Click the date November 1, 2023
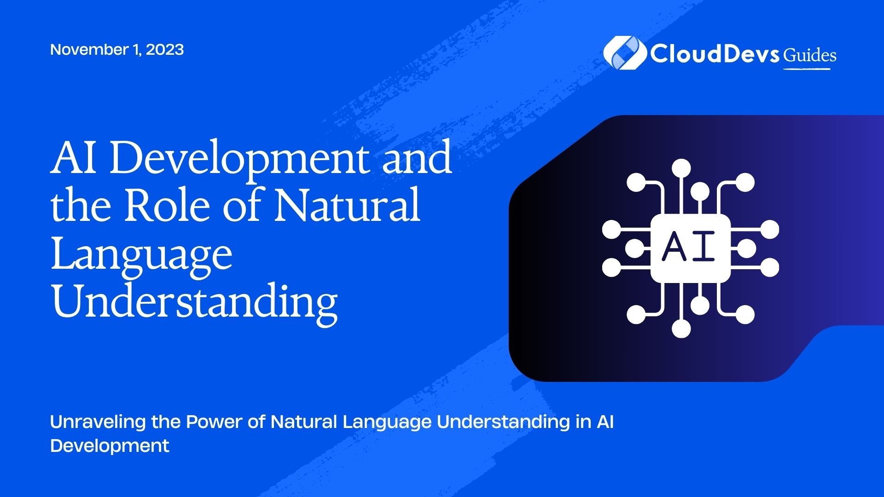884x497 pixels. pyautogui.click(x=117, y=50)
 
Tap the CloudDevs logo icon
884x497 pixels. pyautogui.click(x=624, y=53)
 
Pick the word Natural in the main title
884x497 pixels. pyautogui.click(x=347, y=205)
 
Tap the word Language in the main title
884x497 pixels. pyautogui.click(x=141, y=255)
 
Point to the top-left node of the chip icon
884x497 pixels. pyautogui.click(x=636, y=182)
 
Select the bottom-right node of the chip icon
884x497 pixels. pyautogui.click(x=745, y=315)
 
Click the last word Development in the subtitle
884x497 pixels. pyautogui.click(x=110, y=446)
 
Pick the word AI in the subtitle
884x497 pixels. pyautogui.click(x=605, y=422)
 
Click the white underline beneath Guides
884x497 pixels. pyautogui.click(x=807, y=69)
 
